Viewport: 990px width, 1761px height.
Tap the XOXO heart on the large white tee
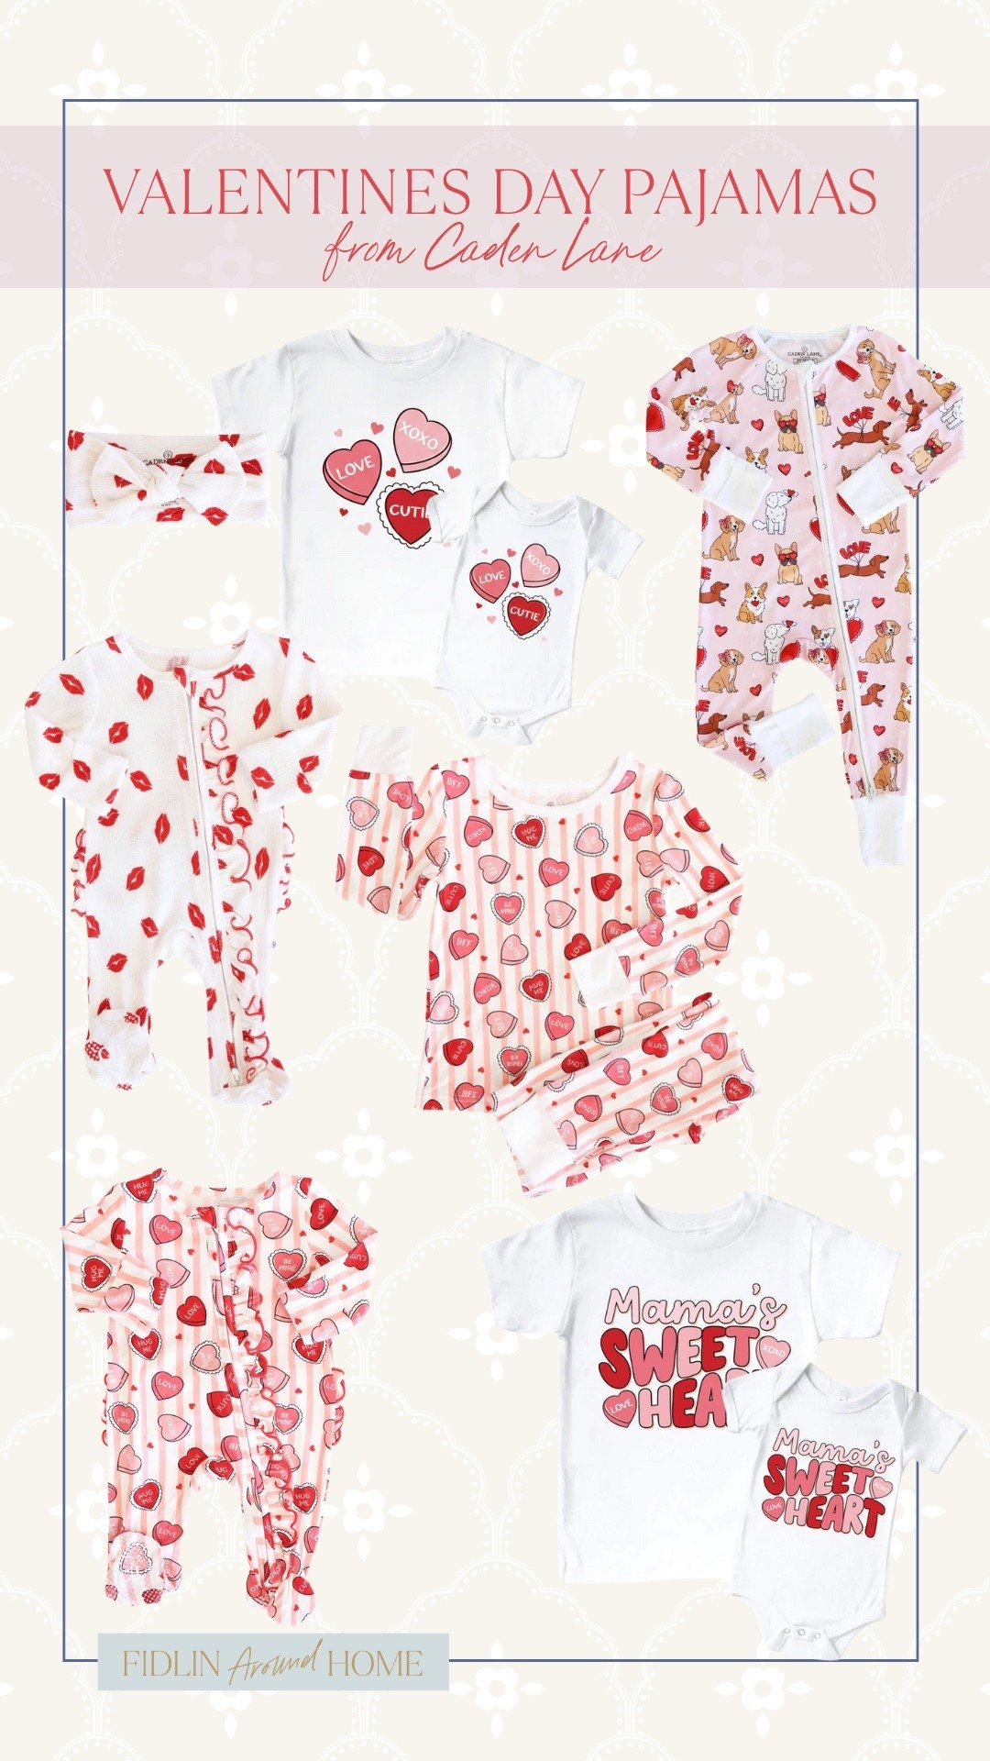click(422, 441)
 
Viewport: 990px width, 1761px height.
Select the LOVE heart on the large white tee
click(352, 471)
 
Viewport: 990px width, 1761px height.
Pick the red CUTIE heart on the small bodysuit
click(524, 612)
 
